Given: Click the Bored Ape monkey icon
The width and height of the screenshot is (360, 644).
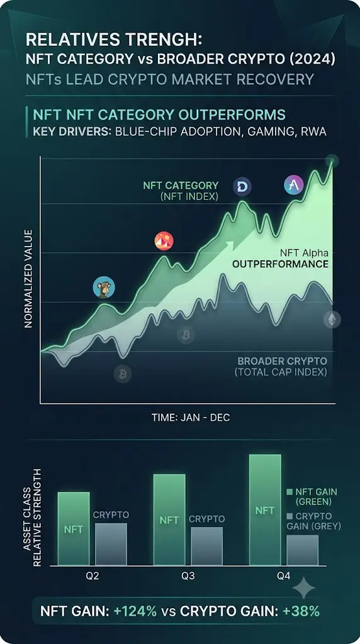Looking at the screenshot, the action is [104, 287].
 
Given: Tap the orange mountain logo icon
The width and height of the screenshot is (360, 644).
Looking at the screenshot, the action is [164, 241].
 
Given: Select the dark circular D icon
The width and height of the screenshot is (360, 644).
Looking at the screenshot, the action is [242, 187].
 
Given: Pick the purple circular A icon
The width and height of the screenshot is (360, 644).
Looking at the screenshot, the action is [294, 186].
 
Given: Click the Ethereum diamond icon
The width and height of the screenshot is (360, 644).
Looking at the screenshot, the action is [332, 319].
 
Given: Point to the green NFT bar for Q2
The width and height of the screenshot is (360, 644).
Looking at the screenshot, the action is [74, 528].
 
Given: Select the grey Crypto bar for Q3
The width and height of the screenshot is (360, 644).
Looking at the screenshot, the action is [206, 547].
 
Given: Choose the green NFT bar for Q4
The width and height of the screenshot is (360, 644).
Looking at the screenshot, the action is [265, 509].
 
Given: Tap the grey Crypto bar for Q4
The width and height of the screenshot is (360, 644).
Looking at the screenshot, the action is [303, 550].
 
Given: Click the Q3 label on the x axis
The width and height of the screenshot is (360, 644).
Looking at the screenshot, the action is [188, 576].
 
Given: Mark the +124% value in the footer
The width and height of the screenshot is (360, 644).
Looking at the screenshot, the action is [135, 611].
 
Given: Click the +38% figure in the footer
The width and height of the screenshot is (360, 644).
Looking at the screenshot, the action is [301, 611].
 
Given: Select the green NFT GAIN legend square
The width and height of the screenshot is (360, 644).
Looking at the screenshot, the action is [290, 492].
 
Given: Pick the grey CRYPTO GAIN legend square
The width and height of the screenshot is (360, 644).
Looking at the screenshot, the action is [290, 516].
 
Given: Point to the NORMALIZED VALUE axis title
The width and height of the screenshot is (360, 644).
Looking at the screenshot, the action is [28, 279].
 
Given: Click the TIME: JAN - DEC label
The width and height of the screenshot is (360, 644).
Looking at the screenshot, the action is [191, 418].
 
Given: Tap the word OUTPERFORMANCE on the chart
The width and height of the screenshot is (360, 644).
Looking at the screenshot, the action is [280, 264].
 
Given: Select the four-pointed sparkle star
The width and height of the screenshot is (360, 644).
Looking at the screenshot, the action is [304, 588].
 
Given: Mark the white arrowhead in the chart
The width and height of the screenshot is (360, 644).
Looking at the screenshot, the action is [229, 245].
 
